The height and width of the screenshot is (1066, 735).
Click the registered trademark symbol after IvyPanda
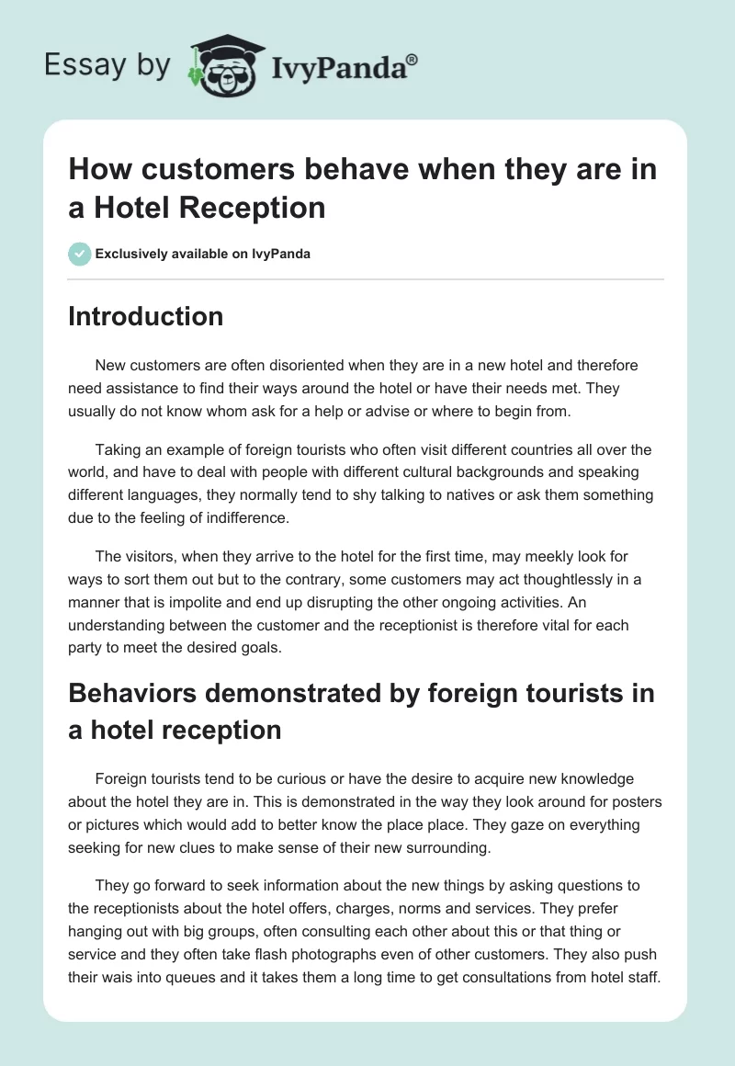(413, 59)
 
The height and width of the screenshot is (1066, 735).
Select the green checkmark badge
(80, 254)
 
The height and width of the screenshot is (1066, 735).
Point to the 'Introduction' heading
(146, 316)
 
